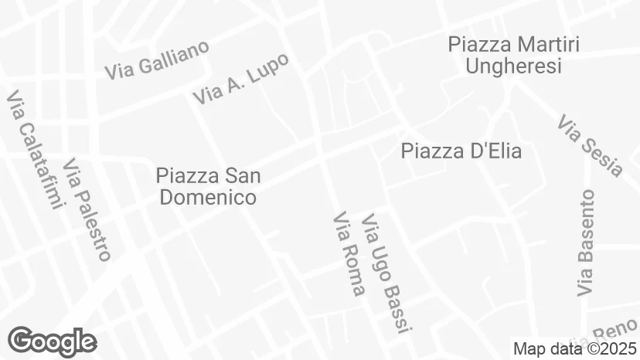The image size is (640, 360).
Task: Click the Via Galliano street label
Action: click(157, 59)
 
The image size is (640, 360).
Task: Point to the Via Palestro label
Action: click(87, 209)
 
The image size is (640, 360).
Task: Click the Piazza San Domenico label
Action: click(208, 187)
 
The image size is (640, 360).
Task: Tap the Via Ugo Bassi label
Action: click(383, 273)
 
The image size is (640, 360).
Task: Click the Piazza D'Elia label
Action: click(461, 151)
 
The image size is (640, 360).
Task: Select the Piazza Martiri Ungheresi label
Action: click(513, 55)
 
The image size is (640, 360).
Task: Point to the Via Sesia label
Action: click(590, 146)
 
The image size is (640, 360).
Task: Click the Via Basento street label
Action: click(587, 243)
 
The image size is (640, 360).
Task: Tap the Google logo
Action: click(52, 340)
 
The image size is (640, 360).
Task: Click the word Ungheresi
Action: click(513, 66)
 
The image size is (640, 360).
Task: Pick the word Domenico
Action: click(208, 198)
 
